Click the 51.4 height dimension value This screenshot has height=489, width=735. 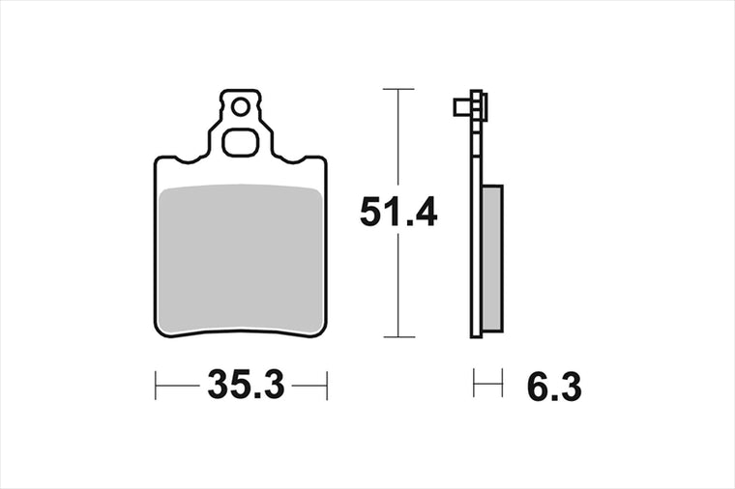pos(398,213)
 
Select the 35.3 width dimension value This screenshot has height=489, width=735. pos(246,385)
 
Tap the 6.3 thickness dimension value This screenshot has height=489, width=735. pos(554,387)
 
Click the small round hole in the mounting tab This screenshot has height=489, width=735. pos(241,107)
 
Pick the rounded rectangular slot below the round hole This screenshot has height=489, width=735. pos(241,142)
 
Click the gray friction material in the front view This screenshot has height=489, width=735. pos(241,259)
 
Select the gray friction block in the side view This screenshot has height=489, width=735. pos(492,258)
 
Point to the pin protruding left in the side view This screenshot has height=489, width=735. pos(462,107)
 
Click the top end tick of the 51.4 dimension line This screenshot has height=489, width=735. pos(398,89)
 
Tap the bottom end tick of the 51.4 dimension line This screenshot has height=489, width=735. pos(398,336)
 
